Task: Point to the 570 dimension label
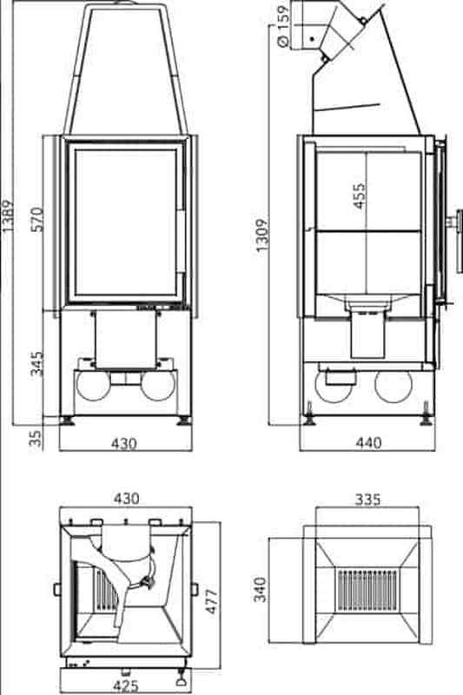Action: tap(37, 219)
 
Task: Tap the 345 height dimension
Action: tap(37, 363)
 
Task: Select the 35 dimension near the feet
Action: tap(36, 438)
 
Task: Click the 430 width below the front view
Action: tap(124, 443)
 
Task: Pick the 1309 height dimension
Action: tap(261, 235)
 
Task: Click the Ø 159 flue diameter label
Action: tap(282, 26)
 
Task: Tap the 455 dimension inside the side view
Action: tap(359, 195)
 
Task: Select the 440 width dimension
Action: tap(368, 442)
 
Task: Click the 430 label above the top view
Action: tap(127, 499)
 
